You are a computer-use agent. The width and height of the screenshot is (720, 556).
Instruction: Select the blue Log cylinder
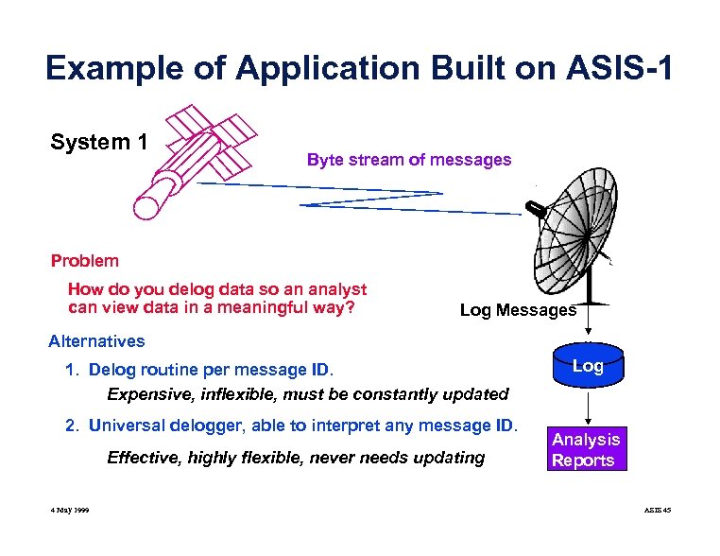tap(588, 368)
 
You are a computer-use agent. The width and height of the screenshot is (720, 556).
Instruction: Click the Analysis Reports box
tap(586, 450)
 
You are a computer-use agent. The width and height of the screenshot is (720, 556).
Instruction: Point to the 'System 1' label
tap(99, 143)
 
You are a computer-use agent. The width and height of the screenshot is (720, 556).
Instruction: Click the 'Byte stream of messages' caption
tap(408, 160)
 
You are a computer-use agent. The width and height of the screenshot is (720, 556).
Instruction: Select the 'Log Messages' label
tap(518, 310)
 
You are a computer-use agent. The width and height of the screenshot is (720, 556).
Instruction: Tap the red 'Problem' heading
tap(85, 261)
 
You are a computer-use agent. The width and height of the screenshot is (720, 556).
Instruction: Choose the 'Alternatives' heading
tap(96, 341)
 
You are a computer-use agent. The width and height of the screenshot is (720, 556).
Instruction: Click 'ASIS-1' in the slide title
tap(613, 68)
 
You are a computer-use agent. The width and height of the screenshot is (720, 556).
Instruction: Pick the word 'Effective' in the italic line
tap(143, 459)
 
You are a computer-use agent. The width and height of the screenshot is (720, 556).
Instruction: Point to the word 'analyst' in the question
tap(337, 290)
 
